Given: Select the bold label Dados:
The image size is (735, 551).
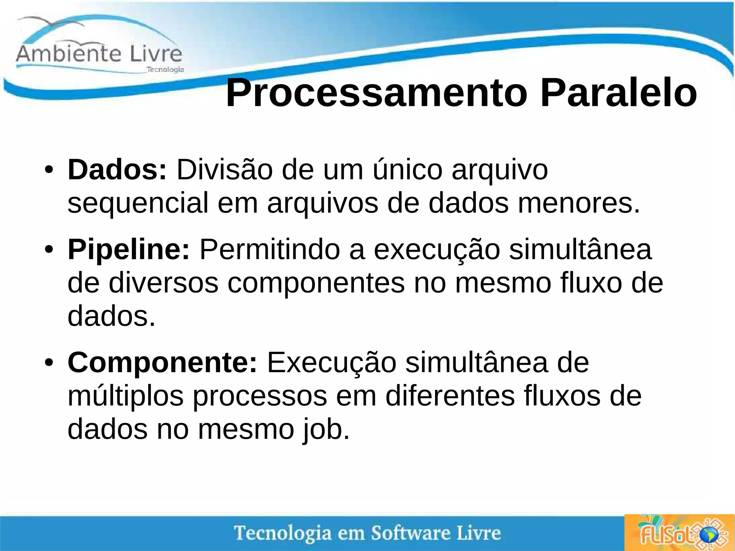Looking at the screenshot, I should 117,169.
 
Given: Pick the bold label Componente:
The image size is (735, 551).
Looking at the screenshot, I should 162,362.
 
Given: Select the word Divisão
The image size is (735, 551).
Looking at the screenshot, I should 224,169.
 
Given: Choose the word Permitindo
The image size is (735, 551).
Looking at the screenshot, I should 270,249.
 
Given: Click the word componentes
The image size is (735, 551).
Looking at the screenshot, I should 316,283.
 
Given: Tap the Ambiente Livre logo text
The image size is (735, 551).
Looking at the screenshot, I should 99,54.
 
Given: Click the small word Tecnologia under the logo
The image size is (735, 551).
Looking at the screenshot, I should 165,70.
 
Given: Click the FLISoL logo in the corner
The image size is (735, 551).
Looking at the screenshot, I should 679,533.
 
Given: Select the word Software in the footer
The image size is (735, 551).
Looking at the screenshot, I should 410,533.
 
